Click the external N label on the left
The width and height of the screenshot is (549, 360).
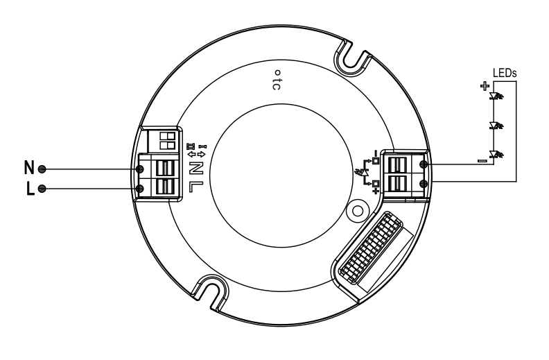click(29, 168)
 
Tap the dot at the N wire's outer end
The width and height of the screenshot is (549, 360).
click(43, 169)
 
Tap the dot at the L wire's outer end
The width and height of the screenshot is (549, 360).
click(43, 189)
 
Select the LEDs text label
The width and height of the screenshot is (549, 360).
click(504, 73)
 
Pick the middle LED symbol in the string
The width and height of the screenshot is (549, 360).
click(496, 126)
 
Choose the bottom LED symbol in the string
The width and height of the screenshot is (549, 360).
click(496, 153)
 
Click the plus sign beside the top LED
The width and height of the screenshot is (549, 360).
click(484, 87)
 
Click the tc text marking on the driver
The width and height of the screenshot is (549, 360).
click(276, 83)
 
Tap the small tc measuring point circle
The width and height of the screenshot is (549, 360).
click(275, 72)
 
